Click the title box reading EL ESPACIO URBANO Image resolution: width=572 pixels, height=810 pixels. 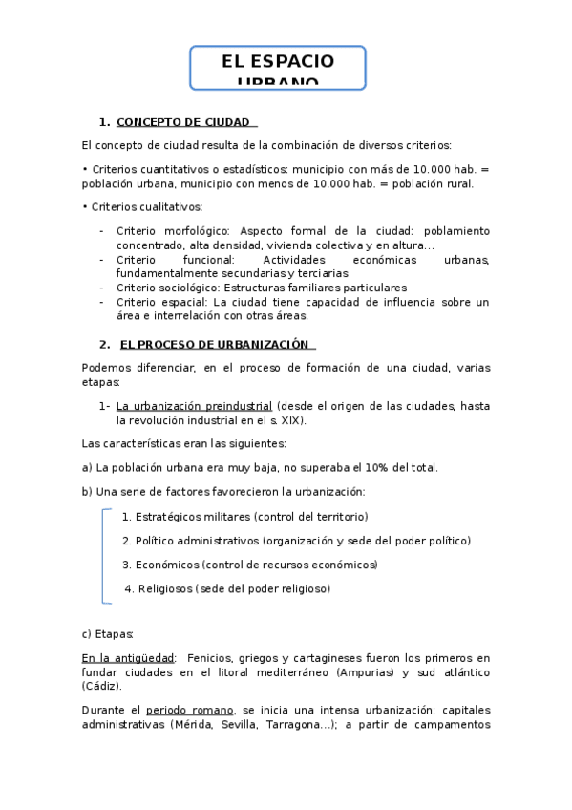(x=278, y=68)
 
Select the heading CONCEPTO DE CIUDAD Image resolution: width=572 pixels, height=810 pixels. (x=183, y=122)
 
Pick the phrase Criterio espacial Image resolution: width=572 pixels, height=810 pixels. (x=157, y=302)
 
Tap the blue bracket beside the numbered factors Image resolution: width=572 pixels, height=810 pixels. (x=104, y=556)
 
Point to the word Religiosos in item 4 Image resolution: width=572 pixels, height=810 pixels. (x=165, y=588)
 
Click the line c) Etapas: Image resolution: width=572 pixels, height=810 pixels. (x=108, y=633)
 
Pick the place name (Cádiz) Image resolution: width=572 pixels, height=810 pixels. (x=101, y=686)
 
